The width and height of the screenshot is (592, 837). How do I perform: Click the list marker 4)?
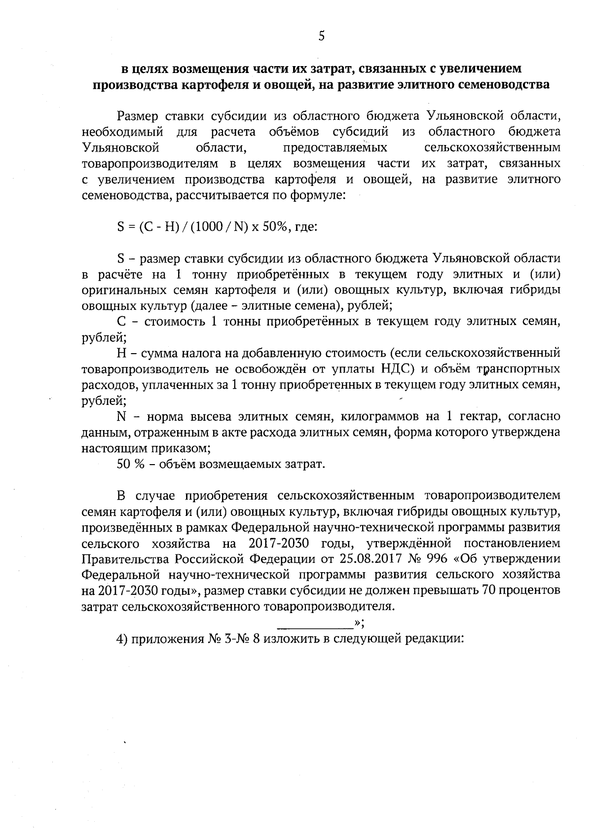click(122, 638)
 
